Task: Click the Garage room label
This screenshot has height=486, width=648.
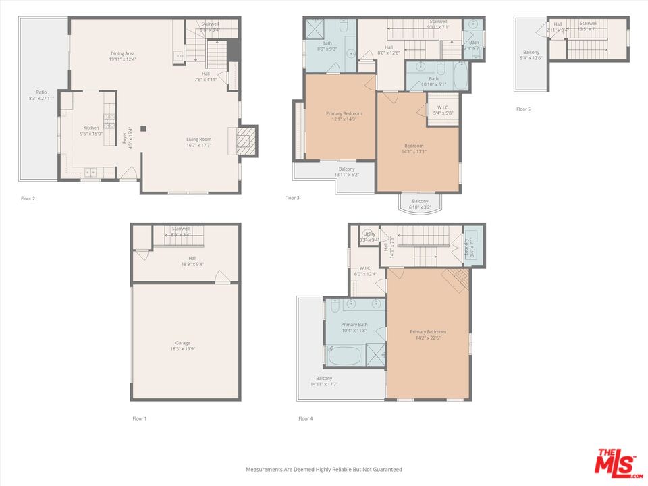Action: point(182,346)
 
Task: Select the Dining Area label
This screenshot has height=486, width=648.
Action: point(123,57)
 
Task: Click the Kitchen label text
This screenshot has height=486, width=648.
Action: point(91,131)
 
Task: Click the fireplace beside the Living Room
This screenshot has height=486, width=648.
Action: point(248,140)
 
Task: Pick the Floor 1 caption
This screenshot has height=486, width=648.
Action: point(139,418)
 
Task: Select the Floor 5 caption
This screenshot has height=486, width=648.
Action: point(523,109)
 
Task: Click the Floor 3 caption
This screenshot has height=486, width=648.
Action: point(292,198)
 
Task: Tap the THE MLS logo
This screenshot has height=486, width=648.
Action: point(617,462)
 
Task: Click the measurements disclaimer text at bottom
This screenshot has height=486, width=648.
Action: point(323,469)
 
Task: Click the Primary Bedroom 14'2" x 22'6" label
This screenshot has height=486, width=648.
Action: point(428,335)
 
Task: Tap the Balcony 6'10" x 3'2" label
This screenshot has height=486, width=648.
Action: point(420,205)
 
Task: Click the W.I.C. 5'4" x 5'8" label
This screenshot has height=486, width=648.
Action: point(443,111)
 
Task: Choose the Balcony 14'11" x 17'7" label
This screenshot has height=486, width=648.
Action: point(324,381)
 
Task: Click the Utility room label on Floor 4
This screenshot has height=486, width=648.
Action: point(369,236)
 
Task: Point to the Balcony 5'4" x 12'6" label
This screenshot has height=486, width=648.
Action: point(531,55)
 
